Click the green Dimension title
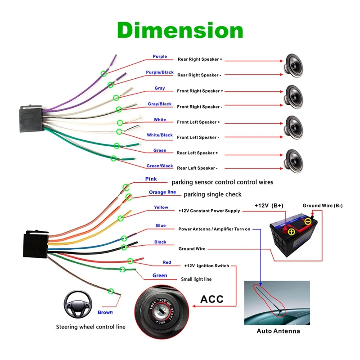click(180, 31)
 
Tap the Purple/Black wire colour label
click(160, 72)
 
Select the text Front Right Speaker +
click(199, 91)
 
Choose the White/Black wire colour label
click(160, 135)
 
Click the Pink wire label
click(151, 179)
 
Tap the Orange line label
click(162, 192)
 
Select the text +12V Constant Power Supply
click(209, 211)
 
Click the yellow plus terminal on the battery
click(291, 231)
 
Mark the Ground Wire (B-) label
click(322, 206)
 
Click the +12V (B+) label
click(269, 205)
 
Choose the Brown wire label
click(105, 312)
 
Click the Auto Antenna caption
click(278, 331)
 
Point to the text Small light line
click(196, 279)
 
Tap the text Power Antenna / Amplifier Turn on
click(214, 229)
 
